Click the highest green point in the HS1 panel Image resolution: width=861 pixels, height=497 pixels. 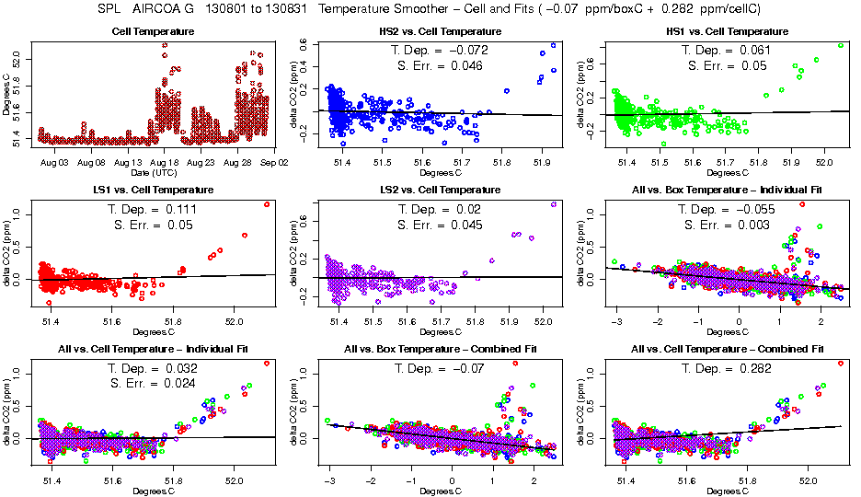point(840,45)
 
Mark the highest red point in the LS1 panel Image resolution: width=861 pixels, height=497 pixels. point(267,204)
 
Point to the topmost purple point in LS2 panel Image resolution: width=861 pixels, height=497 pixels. point(554,204)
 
